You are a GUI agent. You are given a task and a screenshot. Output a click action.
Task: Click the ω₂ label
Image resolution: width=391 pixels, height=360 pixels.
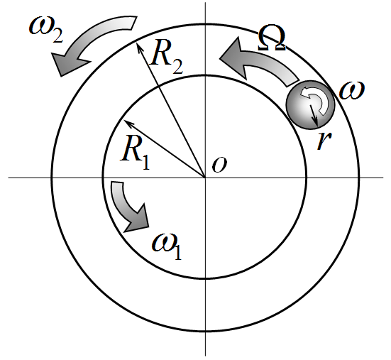click(x=46, y=30)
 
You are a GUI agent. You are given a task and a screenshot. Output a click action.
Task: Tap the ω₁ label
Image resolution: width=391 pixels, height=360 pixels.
click(x=167, y=247)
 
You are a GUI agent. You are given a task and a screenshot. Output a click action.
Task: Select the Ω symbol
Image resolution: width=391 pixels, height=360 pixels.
click(x=272, y=38)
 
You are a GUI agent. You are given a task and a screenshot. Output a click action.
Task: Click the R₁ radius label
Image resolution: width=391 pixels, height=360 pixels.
click(x=135, y=153)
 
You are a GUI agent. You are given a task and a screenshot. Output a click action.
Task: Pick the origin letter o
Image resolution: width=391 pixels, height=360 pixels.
click(x=219, y=165)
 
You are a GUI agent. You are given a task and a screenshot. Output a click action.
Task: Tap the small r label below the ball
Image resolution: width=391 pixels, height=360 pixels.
click(x=324, y=140)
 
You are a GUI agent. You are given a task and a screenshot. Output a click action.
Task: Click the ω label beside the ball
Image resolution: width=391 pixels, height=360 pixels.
click(x=352, y=90)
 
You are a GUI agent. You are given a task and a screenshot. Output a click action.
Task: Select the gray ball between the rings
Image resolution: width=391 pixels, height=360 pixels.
click(x=310, y=105)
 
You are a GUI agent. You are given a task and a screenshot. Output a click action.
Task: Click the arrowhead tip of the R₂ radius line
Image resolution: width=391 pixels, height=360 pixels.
click(x=137, y=43)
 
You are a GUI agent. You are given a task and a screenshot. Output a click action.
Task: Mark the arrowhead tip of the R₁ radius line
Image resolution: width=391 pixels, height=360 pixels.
click(x=124, y=120)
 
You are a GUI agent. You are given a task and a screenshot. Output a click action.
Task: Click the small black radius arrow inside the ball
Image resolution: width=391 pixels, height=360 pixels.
click(x=314, y=115)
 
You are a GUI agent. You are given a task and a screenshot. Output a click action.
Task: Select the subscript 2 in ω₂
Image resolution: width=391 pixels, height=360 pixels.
click(x=58, y=36)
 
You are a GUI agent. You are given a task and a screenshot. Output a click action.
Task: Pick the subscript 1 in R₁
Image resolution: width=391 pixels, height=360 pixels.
click(x=146, y=162)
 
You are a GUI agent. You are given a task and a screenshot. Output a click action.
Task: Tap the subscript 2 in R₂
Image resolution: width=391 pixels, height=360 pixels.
click(x=177, y=66)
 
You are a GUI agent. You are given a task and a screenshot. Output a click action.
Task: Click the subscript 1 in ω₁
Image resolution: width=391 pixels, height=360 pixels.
click(x=178, y=252)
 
